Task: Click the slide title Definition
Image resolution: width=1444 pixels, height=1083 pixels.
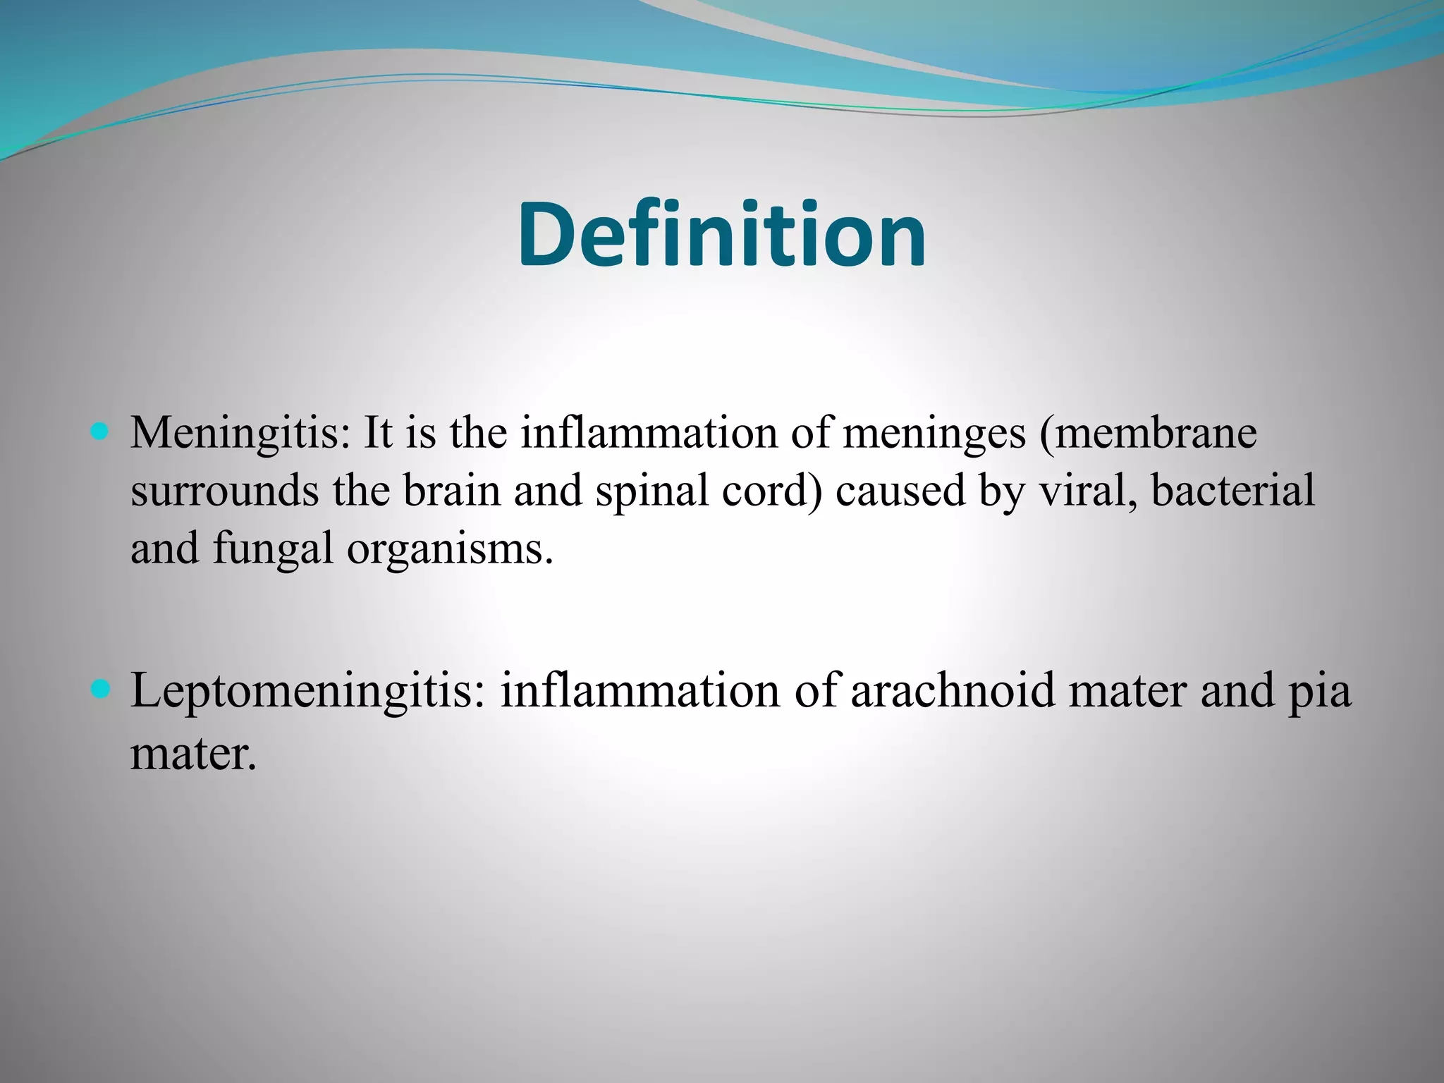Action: (x=721, y=235)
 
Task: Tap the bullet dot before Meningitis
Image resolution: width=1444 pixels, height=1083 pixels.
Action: (x=100, y=430)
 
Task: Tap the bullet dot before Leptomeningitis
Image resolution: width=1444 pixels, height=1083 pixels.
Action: (x=100, y=688)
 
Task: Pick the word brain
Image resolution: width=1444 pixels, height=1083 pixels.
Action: (x=452, y=490)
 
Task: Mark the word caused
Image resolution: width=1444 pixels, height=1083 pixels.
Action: (x=900, y=490)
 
